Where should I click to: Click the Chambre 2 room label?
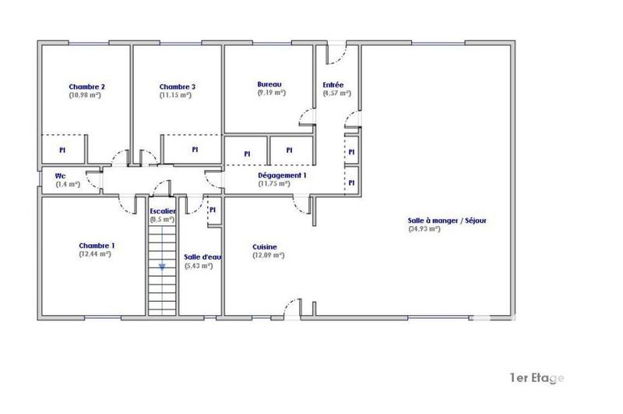(86, 87)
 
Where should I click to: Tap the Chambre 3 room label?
(177, 87)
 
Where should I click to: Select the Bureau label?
(269, 84)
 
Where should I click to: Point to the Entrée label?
(333, 85)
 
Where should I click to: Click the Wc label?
(59, 175)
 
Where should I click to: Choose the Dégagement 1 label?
(282, 175)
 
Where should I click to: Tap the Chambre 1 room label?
(97, 246)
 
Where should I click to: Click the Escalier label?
(163, 211)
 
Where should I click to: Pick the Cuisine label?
(264, 247)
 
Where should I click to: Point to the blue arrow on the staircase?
(162, 267)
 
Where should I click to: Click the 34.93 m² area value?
(424, 229)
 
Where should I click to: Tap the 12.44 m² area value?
(95, 254)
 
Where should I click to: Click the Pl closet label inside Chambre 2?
(62, 148)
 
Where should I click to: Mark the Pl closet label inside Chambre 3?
(195, 148)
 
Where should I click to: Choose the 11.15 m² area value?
(175, 95)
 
